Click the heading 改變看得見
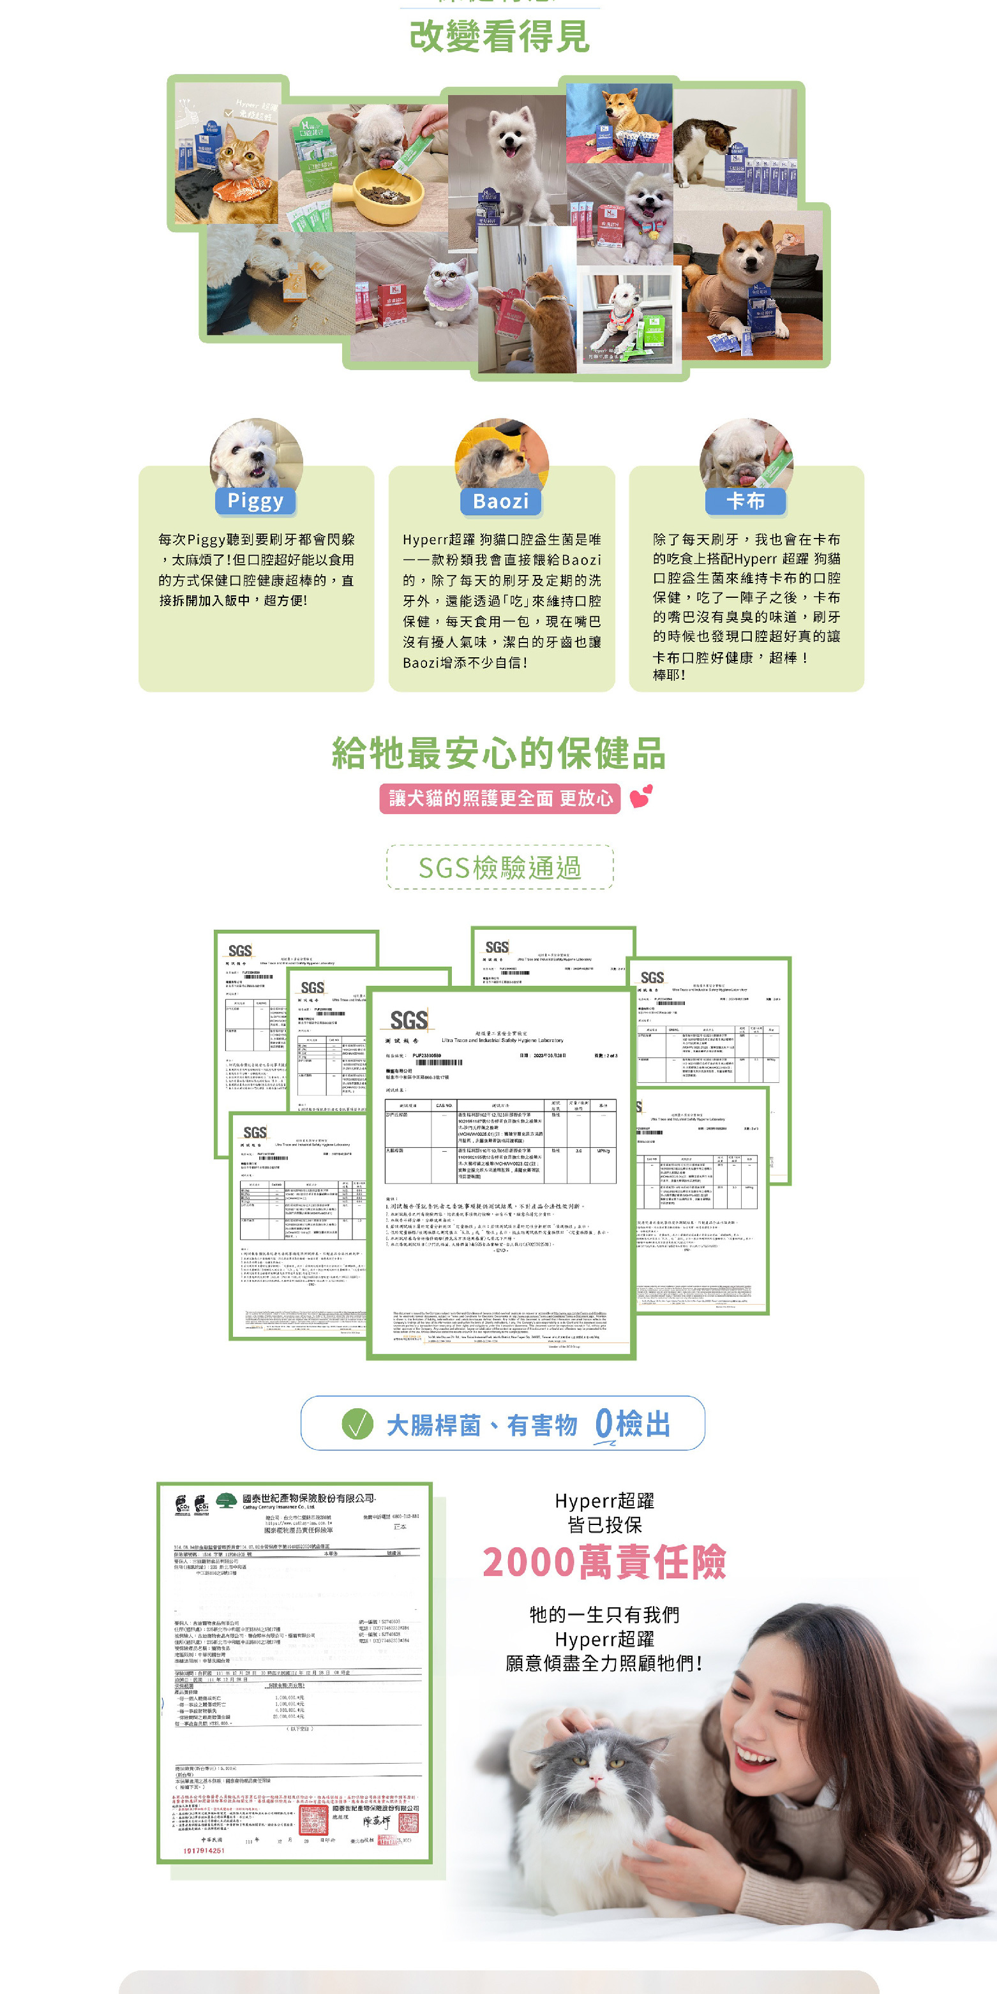(499, 36)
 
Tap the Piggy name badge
(255, 501)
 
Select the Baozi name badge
(501, 501)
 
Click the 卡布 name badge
(746, 501)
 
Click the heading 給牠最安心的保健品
(498, 753)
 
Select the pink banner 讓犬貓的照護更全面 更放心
(500, 798)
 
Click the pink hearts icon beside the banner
(641, 796)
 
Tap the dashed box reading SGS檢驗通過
(500, 868)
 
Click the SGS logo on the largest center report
(409, 1020)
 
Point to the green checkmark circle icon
(357, 1424)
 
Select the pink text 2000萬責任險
(604, 1562)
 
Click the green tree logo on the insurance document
(226, 1501)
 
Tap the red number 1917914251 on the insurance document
(204, 1850)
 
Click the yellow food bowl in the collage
(387, 193)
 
